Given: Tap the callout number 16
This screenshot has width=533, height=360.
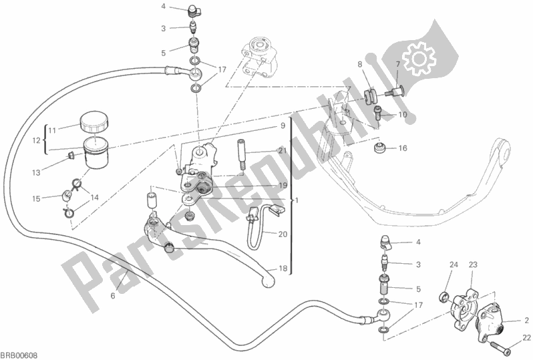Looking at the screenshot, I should tap(403, 148).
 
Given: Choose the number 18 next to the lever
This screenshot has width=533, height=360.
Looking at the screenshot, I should tap(283, 268).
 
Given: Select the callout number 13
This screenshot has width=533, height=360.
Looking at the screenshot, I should tap(53, 172).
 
